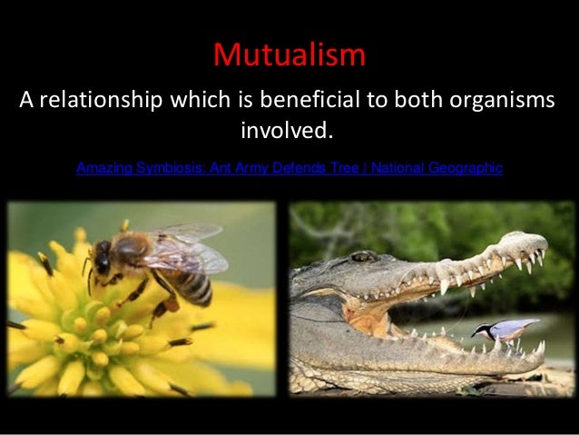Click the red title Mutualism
tap(289, 55)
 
